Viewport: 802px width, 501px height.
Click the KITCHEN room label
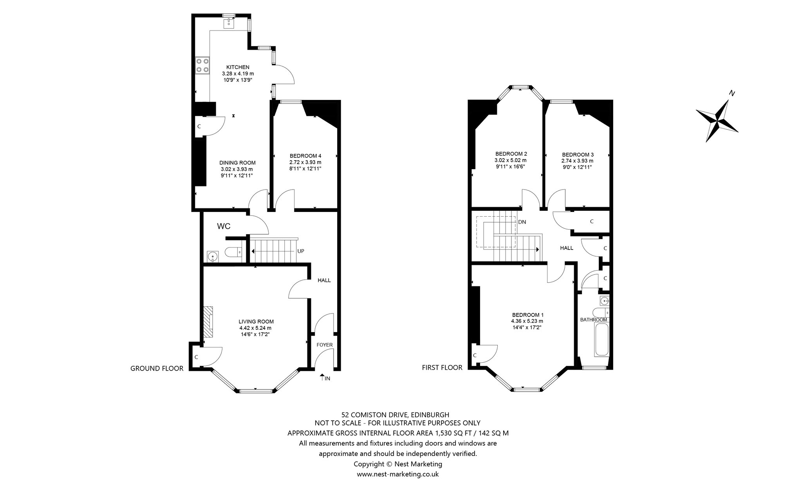[238, 67]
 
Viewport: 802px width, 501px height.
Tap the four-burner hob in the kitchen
[202, 65]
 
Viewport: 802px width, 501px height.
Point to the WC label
[224, 226]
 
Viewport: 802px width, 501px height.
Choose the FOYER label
[325, 345]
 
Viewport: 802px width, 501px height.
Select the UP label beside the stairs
[301, 251]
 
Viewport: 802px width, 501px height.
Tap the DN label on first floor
[522, 222]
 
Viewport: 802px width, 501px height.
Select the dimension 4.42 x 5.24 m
[255, 328]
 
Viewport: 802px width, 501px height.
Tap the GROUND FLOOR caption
[157, 368]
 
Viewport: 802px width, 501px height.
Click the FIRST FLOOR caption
[442, 367]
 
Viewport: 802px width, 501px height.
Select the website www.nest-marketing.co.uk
[398, 474]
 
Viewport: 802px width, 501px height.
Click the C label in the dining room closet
[199, 126]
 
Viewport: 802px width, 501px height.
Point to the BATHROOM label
[594, 320]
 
